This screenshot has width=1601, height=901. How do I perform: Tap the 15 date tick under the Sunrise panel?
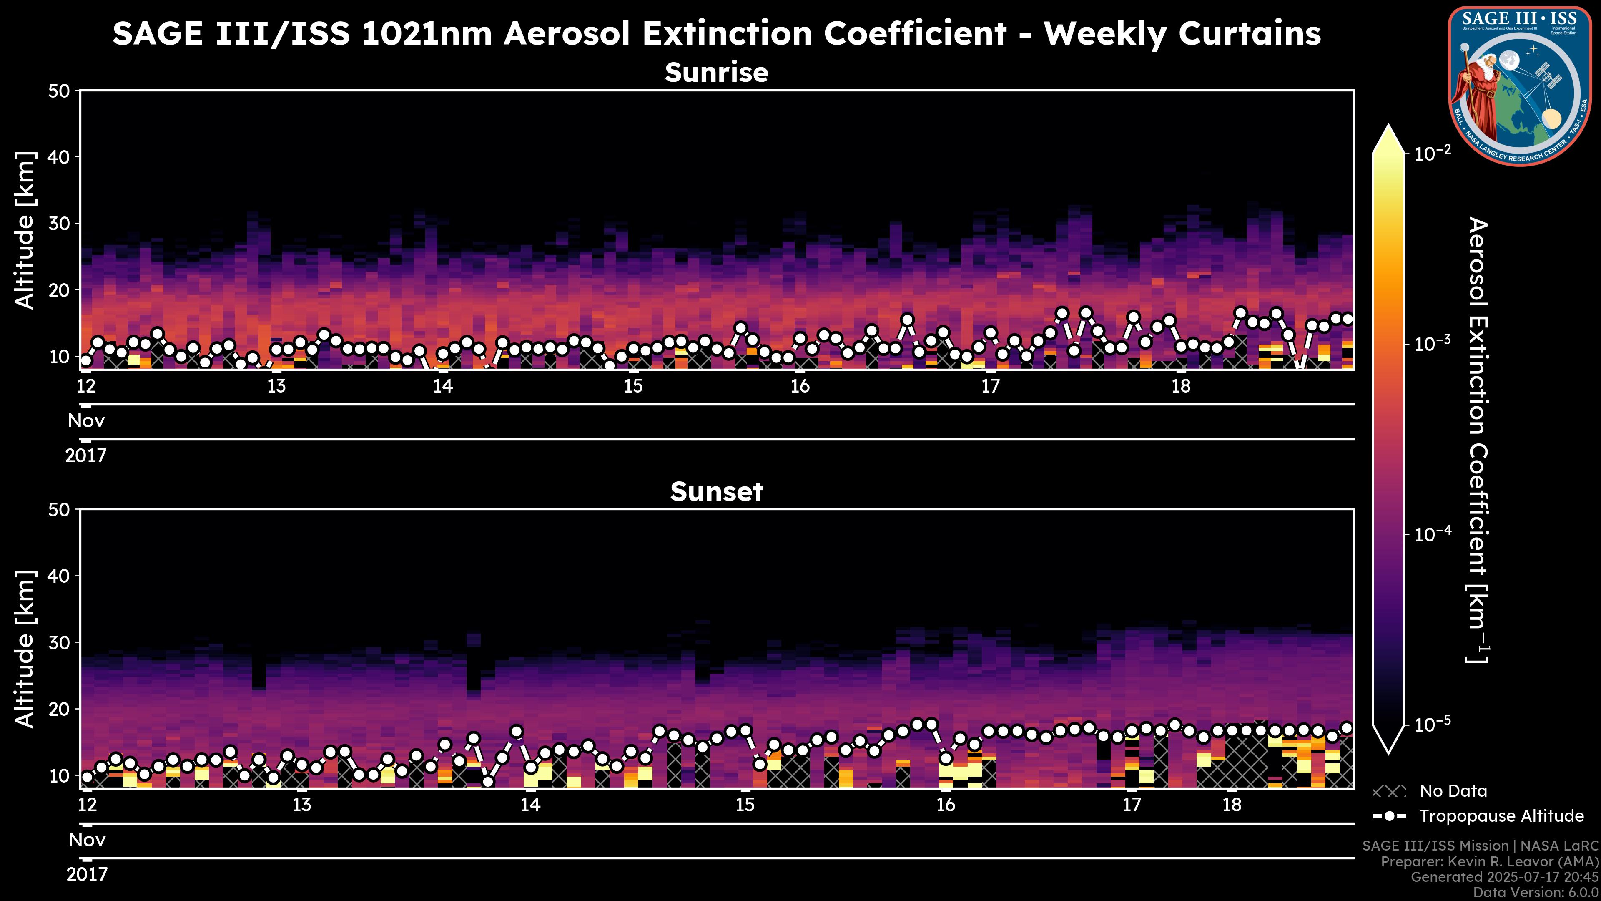pos(633,386)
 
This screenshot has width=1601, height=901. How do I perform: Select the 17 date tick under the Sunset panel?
pos(1132,805)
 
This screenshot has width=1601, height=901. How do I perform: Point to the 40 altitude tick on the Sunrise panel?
pos(60,157)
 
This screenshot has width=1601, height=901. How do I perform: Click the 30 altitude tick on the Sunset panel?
pos(60,642)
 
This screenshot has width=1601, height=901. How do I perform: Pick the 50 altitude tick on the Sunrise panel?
pos(60,91)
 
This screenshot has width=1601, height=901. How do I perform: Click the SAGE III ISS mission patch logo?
pos(1519,86)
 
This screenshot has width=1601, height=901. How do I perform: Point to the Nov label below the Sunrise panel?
pos(86,421)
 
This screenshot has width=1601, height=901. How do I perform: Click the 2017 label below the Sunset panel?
pos(87,875)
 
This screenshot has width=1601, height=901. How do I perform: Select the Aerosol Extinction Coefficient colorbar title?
pos(1477,440)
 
